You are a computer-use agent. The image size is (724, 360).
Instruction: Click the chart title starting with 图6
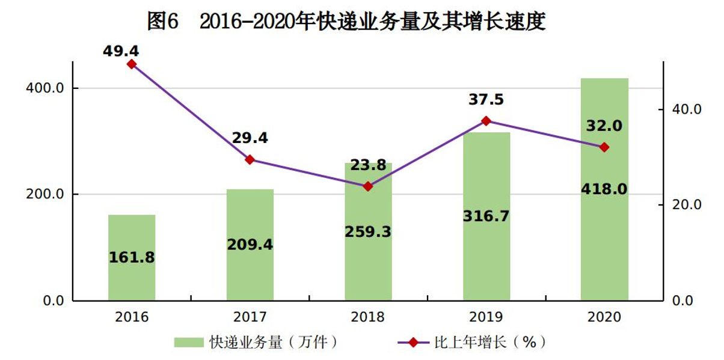tap(346, 22)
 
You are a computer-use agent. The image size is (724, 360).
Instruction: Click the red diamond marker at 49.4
tap(132, 64)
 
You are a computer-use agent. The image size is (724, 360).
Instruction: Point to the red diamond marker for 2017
tap(250, 159)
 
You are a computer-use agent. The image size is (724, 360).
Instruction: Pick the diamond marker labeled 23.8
tap(368, 186)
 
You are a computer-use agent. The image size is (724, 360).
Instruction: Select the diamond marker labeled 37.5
tap(486, 121)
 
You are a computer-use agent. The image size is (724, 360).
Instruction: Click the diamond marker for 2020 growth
tap(604, 147)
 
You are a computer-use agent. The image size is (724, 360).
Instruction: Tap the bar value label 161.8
tap(132, 258)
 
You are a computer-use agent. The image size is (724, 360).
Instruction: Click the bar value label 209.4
tap(250, 245)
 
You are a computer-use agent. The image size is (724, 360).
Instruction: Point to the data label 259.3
tap(368, 231)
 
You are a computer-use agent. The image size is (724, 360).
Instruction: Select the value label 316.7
tap(486, 216)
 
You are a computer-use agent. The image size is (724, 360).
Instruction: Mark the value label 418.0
tap(604, 189)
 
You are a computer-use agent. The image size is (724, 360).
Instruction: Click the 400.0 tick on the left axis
tap(48, 88)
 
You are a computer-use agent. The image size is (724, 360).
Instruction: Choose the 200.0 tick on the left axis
tap(48, 195)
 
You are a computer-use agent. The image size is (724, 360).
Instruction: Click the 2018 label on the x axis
tap(368, 317)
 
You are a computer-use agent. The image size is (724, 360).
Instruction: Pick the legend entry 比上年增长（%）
tap(473, 343)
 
